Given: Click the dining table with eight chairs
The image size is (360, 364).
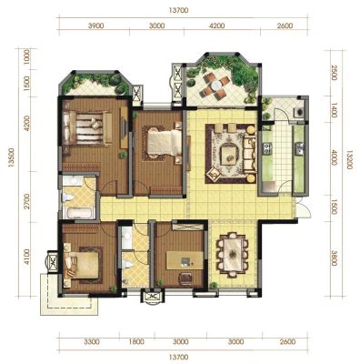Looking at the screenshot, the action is pos(232,254).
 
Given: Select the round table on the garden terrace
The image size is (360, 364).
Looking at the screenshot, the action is pos(217,86).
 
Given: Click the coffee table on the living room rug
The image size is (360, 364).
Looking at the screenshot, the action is pos(230,156).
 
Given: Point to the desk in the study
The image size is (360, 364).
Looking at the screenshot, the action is pos(185,260).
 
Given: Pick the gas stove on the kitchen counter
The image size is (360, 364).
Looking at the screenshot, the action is pos(267,148).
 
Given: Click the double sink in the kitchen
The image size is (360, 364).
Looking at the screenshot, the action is pos(300,149).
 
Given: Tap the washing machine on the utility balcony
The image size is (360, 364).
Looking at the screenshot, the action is pos(299,112).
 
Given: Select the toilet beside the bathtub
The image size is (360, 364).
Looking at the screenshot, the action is pos(67,198).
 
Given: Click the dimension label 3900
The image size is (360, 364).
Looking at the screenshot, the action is pos(96,25).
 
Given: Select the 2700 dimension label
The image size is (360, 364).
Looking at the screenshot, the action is pos(27,201).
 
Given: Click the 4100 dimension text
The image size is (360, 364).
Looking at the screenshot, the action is pos(27,257).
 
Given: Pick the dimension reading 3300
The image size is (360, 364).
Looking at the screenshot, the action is pos(92,342).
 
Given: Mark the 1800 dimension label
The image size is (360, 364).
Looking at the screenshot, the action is pos(136,342).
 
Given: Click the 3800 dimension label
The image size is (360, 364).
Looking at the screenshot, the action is pos(334,258).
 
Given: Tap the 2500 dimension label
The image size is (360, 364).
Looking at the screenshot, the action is pos(334,73).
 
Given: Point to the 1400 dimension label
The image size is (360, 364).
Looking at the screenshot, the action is pos(334,110).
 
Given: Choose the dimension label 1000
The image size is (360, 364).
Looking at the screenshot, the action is pos(27,57).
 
